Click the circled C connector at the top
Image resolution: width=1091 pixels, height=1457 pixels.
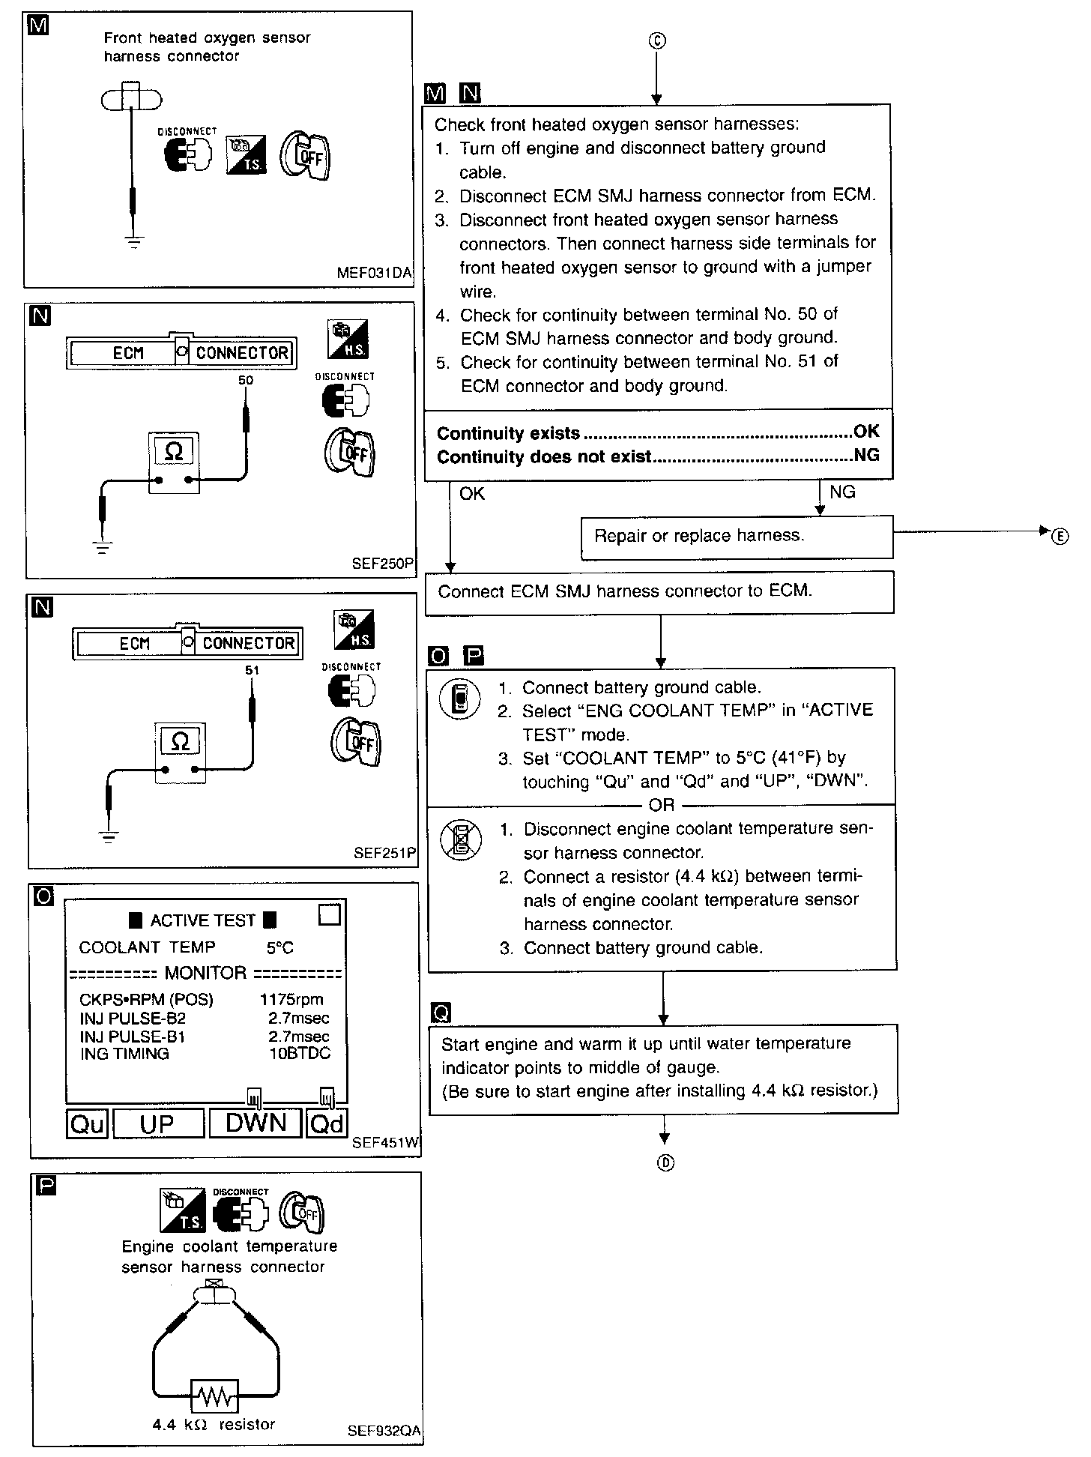(x=656, y=40)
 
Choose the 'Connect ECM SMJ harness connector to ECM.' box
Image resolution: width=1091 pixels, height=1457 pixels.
(x=659, y=592)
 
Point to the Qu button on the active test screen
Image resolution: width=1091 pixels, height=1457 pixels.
(x=88, y=1124)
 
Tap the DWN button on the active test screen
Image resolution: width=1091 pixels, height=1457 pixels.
(x=256, y=1123)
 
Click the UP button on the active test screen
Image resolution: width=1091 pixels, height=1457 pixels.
(x=157, y=1124)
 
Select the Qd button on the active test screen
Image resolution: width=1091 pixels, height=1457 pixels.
(x=327, y=1124)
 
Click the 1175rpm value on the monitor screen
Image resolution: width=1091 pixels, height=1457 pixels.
(x=291, y=1000)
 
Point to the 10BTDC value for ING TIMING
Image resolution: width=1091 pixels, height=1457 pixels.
(x=299, y=1054)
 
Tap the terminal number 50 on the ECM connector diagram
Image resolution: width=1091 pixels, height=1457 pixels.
(x=246, y=381)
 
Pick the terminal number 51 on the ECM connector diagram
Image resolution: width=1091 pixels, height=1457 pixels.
(x=252, y=671)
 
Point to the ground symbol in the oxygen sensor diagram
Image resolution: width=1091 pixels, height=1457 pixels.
(x=134, y=241)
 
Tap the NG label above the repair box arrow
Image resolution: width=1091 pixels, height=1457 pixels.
(x=842, y=492)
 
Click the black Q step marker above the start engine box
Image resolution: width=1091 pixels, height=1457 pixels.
(x=441, y=1013)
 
